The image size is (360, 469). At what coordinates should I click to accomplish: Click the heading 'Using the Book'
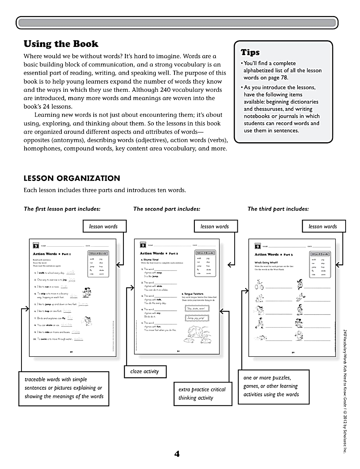(x=61, y=44)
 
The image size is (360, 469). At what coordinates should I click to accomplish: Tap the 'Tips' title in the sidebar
(x=250, y=52)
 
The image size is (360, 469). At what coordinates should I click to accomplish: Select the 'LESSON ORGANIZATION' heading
(x=72, y=178)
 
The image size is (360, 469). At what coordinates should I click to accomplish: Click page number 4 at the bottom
(x=177, y=454)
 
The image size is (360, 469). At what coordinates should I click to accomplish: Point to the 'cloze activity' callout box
(x=144, y=371)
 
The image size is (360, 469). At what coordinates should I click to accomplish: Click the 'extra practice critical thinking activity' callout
(x=202, y=394)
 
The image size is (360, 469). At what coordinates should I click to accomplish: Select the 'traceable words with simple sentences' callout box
(x=64, y=388)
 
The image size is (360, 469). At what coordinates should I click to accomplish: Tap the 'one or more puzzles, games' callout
(x=273, y=386)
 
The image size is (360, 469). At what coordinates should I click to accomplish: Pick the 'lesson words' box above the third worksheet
(x=323, y=226)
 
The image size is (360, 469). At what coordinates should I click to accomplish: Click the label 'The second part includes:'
(x=167, y=209)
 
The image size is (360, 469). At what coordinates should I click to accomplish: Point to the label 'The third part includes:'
(x=278, y=209)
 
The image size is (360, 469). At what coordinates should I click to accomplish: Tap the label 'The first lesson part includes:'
(x=62, y=209)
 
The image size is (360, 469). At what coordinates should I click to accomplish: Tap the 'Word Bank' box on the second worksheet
(x=205, y=253)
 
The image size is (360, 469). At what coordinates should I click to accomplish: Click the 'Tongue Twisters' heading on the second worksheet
(x=192, y=294)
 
